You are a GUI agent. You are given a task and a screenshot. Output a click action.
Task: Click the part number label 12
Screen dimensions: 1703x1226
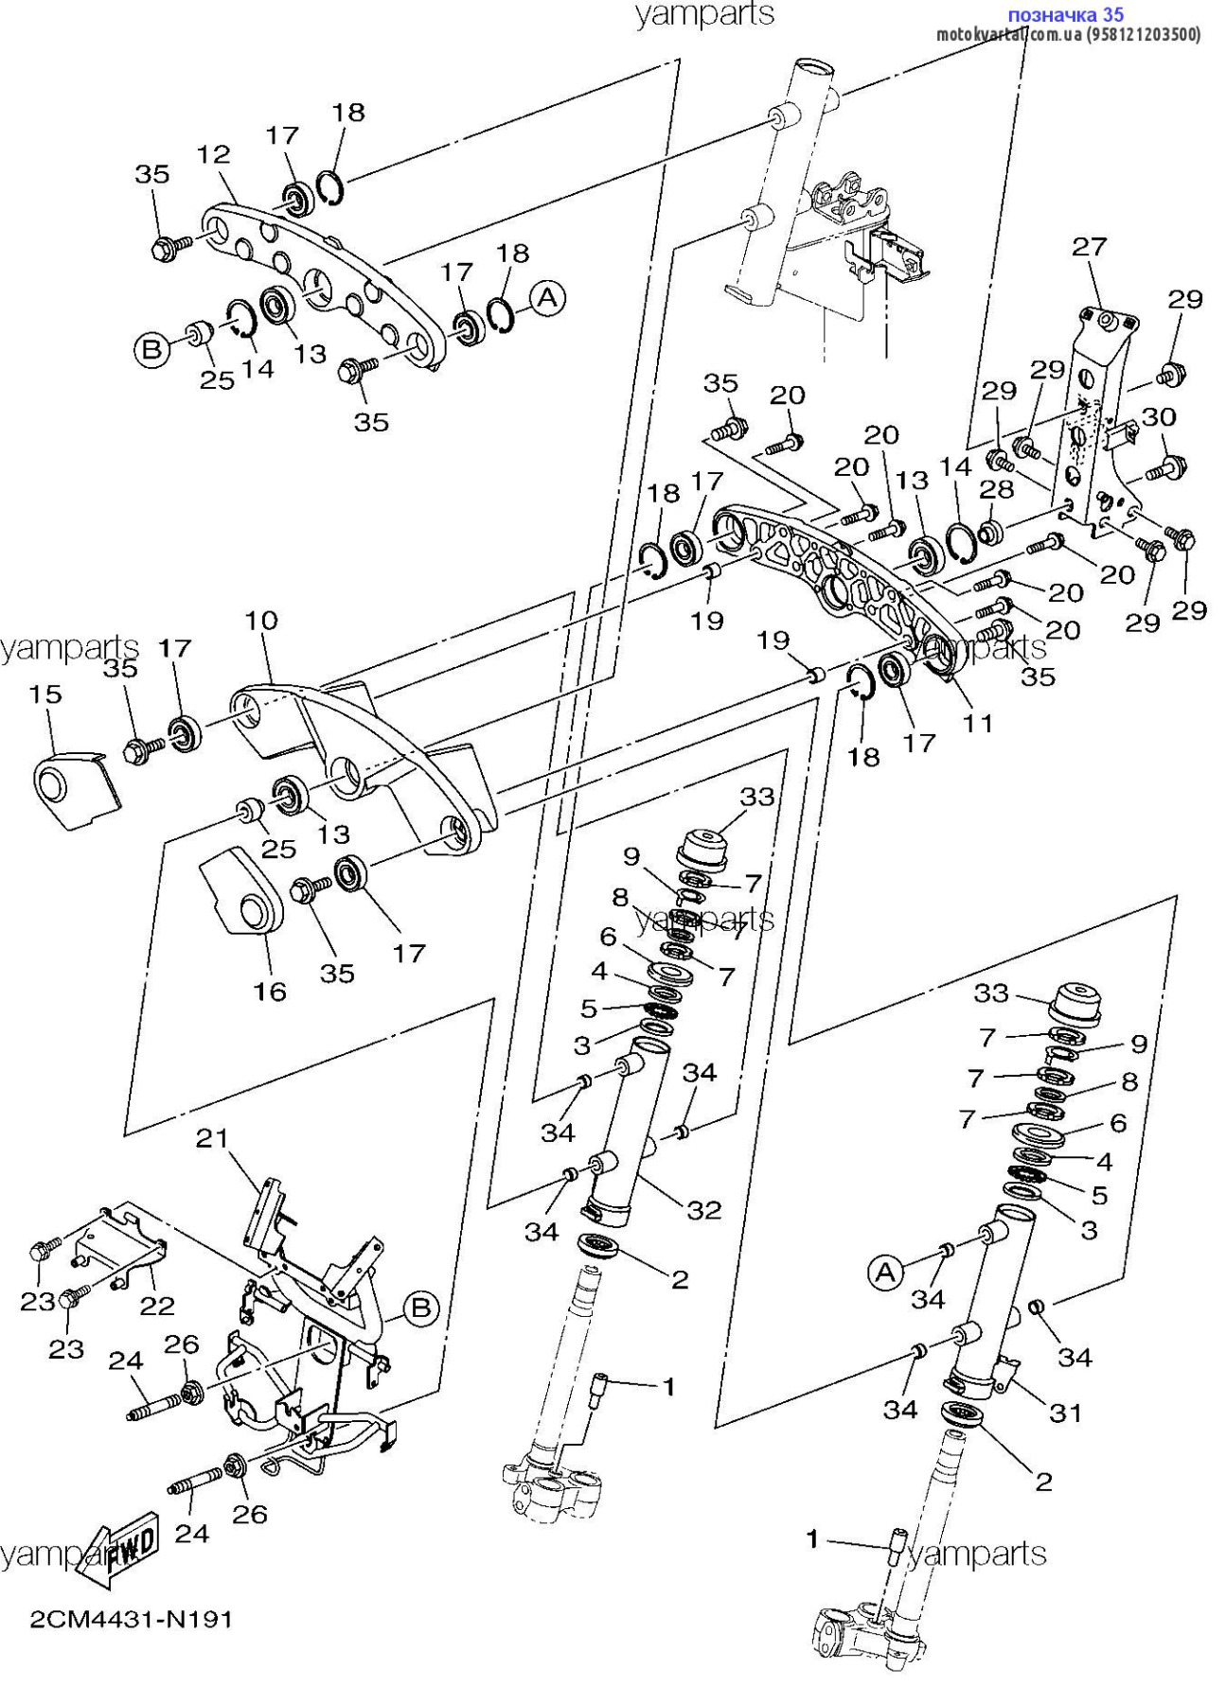click(214, 154)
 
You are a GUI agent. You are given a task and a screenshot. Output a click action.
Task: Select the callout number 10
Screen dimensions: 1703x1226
click(261, 621)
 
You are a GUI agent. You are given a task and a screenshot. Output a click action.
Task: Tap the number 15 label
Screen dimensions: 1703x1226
click(45, 693)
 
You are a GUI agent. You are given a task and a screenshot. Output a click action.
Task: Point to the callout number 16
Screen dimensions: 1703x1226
click(270, 991)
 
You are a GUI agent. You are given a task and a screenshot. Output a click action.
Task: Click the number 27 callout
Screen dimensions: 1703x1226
click(1089, 247)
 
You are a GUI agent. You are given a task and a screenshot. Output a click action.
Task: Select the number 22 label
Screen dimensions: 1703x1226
click(157, 1306)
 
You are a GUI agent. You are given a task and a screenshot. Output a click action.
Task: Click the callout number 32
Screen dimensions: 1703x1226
click(704, 1209)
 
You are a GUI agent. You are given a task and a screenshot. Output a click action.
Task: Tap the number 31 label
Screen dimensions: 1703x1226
click(1065, 1413)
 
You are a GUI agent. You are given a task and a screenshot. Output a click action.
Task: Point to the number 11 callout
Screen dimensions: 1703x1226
click(978, 724)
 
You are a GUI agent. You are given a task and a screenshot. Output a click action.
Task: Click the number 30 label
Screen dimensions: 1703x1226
click(1159, 416)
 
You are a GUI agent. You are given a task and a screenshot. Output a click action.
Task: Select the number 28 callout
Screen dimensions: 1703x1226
click(997, 489)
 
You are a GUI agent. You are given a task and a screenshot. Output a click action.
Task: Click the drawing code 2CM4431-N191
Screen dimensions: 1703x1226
click(132, 1620)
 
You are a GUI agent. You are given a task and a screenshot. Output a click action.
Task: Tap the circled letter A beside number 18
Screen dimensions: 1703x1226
click(547, 299)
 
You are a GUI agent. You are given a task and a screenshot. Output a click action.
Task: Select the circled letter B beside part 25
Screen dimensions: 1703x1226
click(151, 350)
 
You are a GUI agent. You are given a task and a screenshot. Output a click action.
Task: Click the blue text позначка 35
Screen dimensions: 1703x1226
click(1065, 14)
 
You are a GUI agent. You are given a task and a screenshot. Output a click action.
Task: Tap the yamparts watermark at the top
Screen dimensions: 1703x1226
click(704, 14)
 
